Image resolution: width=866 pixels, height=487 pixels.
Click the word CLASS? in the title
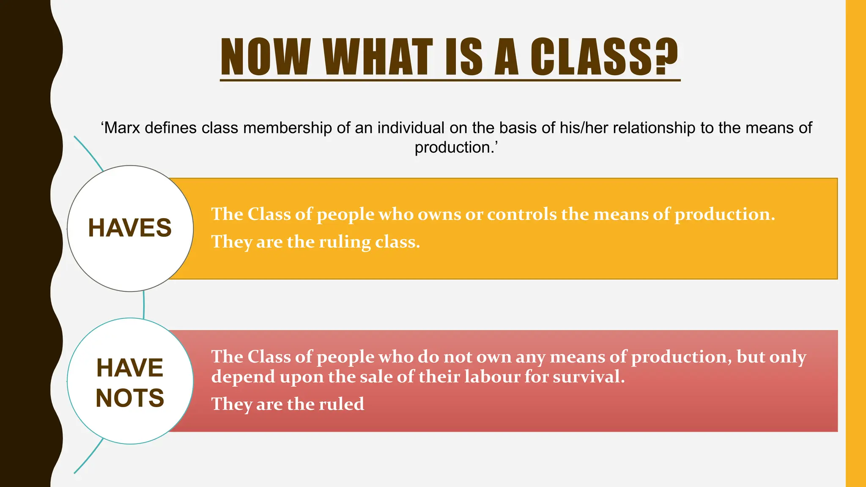point(604,57)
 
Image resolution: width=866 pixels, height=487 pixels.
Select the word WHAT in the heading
point(378,57)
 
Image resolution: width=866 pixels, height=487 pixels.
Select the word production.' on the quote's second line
point(456,148)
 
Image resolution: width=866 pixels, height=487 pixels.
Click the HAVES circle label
point(130,228)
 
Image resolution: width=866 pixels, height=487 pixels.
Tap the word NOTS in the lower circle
point(130,398)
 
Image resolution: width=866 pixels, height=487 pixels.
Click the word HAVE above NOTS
point(130,368)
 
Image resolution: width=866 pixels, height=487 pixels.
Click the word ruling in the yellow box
point(345,242)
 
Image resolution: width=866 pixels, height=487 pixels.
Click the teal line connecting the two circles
point(144,305)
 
